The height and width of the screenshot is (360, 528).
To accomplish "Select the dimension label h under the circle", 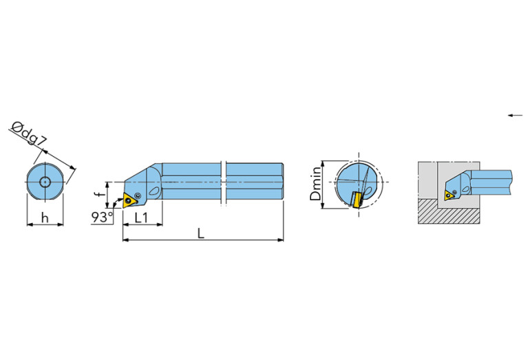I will tap(44, 218).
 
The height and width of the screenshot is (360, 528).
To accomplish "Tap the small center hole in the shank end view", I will tap(45, 182).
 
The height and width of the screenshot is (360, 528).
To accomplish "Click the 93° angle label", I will tap(101, 218).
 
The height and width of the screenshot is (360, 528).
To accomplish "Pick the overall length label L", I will tap(200, 233).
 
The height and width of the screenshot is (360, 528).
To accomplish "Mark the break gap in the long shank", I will tap(224, 182).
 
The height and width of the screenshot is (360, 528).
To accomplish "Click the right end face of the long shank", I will tap(282, 182).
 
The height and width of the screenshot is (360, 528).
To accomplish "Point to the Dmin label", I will tap(316, 183).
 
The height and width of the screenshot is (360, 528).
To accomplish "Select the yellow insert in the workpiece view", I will tap(450, 194).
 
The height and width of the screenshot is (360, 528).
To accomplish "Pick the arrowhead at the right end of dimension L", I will tap(281, 240).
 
